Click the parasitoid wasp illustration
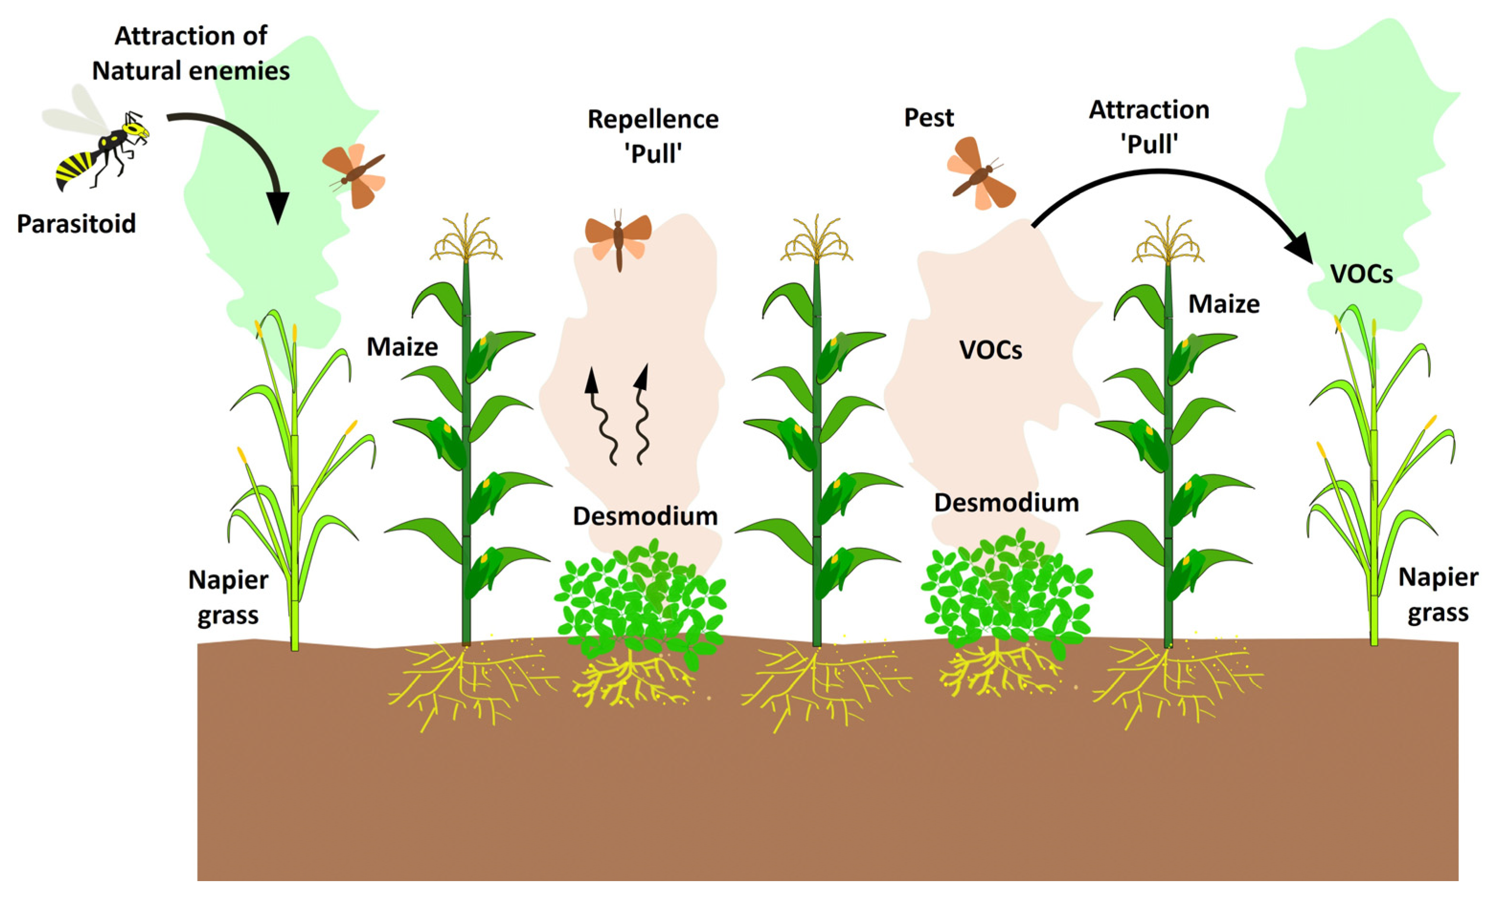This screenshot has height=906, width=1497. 97,146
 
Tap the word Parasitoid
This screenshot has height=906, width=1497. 77,224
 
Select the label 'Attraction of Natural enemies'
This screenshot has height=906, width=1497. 191,54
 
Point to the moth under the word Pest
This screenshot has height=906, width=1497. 980,174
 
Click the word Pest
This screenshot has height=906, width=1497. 929,118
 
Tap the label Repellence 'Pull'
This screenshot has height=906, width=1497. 653,136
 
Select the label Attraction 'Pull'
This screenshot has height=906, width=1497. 1149,127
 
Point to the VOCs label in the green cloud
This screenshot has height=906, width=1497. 1361,274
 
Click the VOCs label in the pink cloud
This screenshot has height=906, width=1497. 990,350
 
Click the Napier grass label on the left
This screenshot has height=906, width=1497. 228,597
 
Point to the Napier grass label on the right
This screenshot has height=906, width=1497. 1438,595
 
